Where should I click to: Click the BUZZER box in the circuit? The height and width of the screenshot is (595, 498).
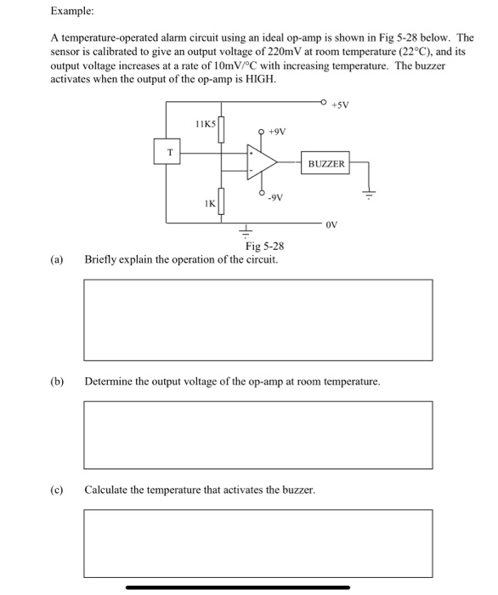click(326, 164)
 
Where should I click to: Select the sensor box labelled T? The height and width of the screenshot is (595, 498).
click(169, 153)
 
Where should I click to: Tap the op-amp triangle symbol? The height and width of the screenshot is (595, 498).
click(260, 162)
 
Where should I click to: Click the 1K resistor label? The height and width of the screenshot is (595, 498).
click(208, 203)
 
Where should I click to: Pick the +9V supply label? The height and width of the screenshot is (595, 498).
click(277, 132)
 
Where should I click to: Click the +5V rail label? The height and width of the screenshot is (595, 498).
click(339, 105)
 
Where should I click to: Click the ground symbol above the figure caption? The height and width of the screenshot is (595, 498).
click(247, 231)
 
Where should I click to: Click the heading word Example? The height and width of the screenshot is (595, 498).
click(72, 12)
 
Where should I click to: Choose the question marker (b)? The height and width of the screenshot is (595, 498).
click(57, 382)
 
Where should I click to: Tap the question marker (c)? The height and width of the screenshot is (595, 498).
click(57, 490)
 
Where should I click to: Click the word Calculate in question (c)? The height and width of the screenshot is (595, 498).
click(108, 490)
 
